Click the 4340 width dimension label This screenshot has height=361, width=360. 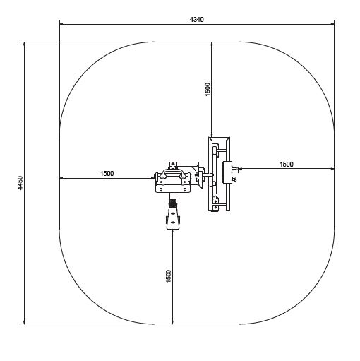pos(197,20)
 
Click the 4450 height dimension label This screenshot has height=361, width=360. pos(20,183)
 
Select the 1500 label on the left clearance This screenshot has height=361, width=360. pos(107,174)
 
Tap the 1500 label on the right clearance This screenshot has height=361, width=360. pos(287,164)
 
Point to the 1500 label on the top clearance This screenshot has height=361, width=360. pos(208,90)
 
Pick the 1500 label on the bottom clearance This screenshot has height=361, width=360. pos(169,276)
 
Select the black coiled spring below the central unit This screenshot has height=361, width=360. pos(173,203)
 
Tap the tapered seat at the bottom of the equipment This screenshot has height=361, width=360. pos(173,218)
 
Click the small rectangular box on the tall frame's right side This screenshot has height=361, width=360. pos(227,172)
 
